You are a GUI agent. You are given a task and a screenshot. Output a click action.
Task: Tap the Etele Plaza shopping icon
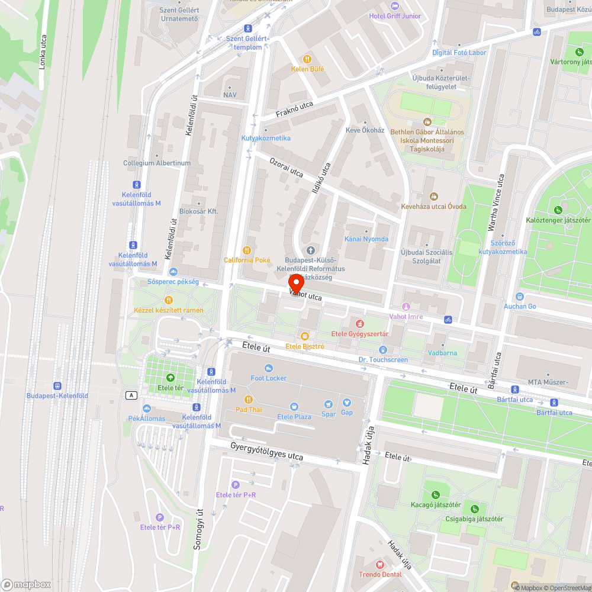[294, 407]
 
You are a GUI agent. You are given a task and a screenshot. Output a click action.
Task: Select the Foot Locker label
[268, 378]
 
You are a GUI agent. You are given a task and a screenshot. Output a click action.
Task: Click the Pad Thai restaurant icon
[248, 400]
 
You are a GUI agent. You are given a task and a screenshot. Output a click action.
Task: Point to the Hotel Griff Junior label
[395, 16]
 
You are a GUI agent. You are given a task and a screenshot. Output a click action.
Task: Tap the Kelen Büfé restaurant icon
[307, 59]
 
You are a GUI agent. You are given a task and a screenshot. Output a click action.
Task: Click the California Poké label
[247, 260]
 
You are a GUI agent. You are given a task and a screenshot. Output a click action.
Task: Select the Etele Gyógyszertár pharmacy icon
[359, 323]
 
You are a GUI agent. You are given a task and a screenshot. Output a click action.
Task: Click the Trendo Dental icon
[380, 565]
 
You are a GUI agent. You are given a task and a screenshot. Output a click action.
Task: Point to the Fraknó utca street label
[294, 110]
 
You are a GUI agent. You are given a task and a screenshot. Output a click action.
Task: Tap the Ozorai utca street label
[287, 166]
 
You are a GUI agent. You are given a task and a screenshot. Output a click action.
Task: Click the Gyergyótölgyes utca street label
[266, 452]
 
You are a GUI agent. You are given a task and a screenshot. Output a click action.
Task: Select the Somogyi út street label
[199, 530]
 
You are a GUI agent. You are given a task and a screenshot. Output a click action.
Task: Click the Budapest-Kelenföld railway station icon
[57, 385]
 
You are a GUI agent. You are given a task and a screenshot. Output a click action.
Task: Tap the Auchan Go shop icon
[520, 297]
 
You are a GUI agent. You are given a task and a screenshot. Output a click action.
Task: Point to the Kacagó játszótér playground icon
[436, 495]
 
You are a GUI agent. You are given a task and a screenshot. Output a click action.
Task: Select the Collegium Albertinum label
[157, 163]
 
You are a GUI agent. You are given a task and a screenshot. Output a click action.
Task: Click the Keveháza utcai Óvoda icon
[434, 197]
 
